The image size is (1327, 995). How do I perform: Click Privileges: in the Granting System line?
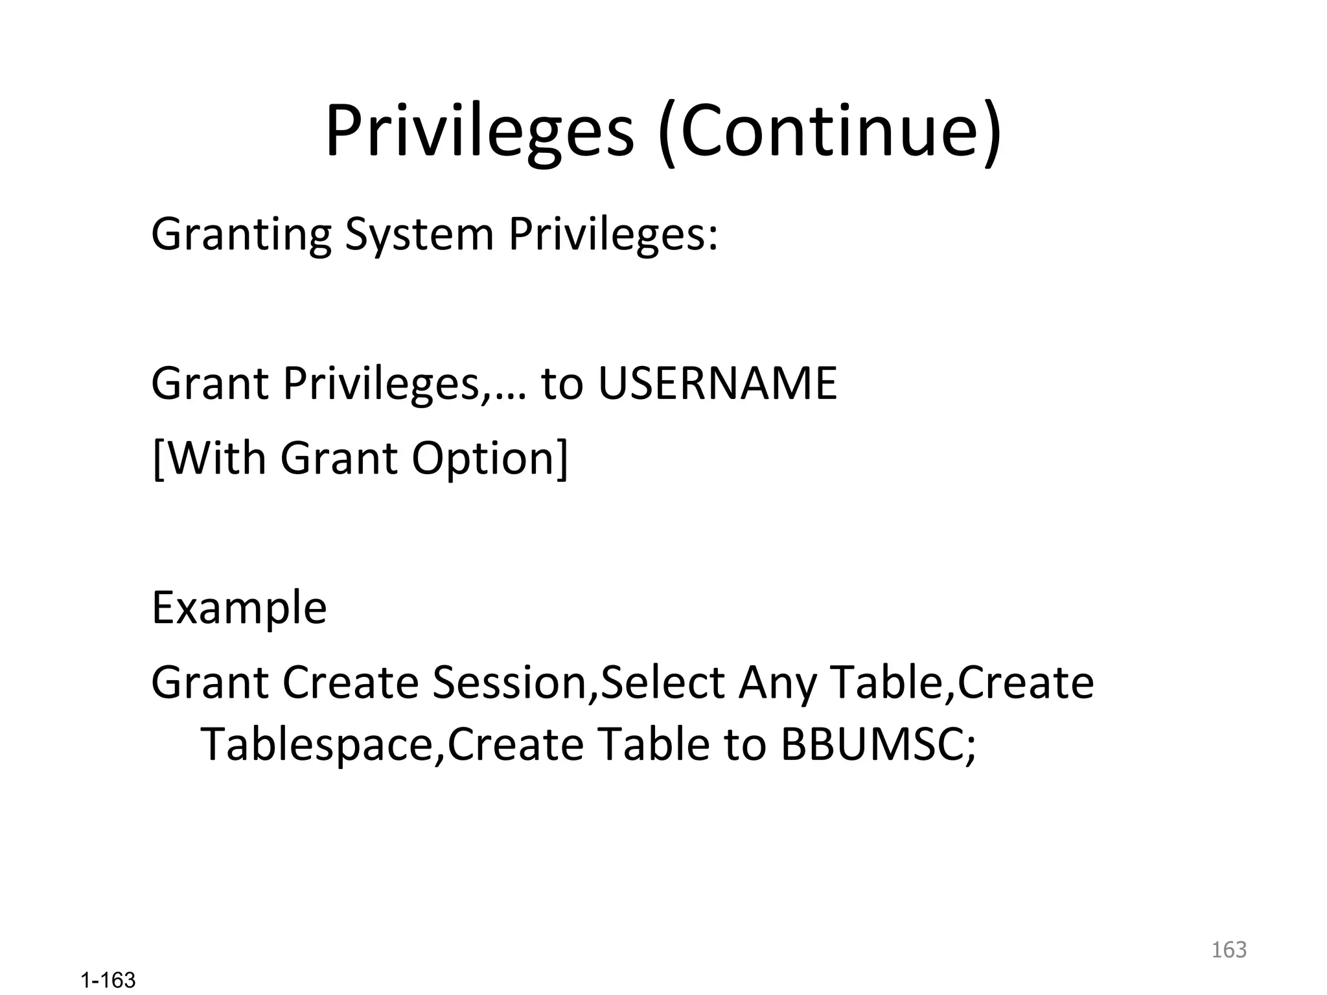[x=613, y=234]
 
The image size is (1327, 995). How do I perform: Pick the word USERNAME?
[x=717, y=383]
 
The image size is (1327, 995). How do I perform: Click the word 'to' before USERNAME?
[x=562, y=383]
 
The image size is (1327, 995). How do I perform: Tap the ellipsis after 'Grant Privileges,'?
[x=511, y=395]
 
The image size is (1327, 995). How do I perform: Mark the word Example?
[x=239, y=608]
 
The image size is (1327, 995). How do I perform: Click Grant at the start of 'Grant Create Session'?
[x=209, y=683]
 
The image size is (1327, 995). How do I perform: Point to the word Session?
[x=510, y=683]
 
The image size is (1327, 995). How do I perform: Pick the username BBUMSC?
[x=878, y=744]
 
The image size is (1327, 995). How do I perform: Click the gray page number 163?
[x=1229, y=950]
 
